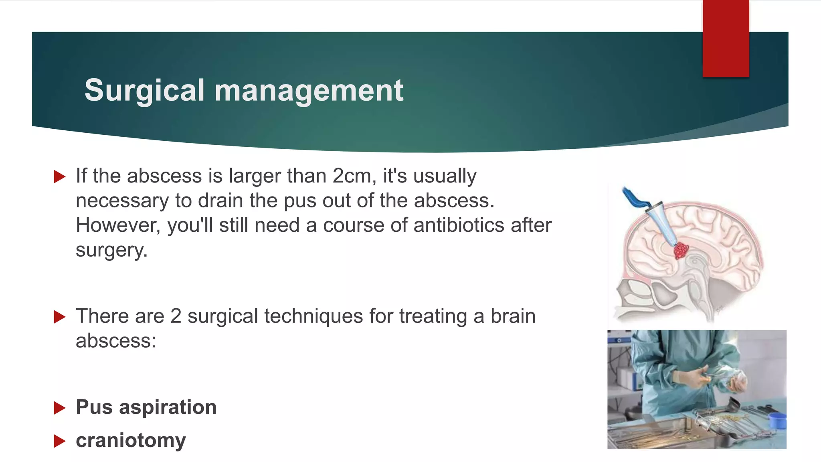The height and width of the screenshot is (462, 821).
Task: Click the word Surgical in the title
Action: tap(144, 91)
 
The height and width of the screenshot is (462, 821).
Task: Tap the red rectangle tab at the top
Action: tap(726, 38)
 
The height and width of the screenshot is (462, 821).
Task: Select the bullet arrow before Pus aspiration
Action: tap(59, 408)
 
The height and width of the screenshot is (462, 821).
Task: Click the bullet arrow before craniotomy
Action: tap(59, 441)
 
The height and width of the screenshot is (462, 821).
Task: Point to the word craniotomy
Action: tap(131, 440)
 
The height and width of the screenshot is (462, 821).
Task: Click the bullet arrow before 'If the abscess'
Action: tap(59, 176)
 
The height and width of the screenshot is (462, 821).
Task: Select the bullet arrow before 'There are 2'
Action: tap(59, 317)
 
